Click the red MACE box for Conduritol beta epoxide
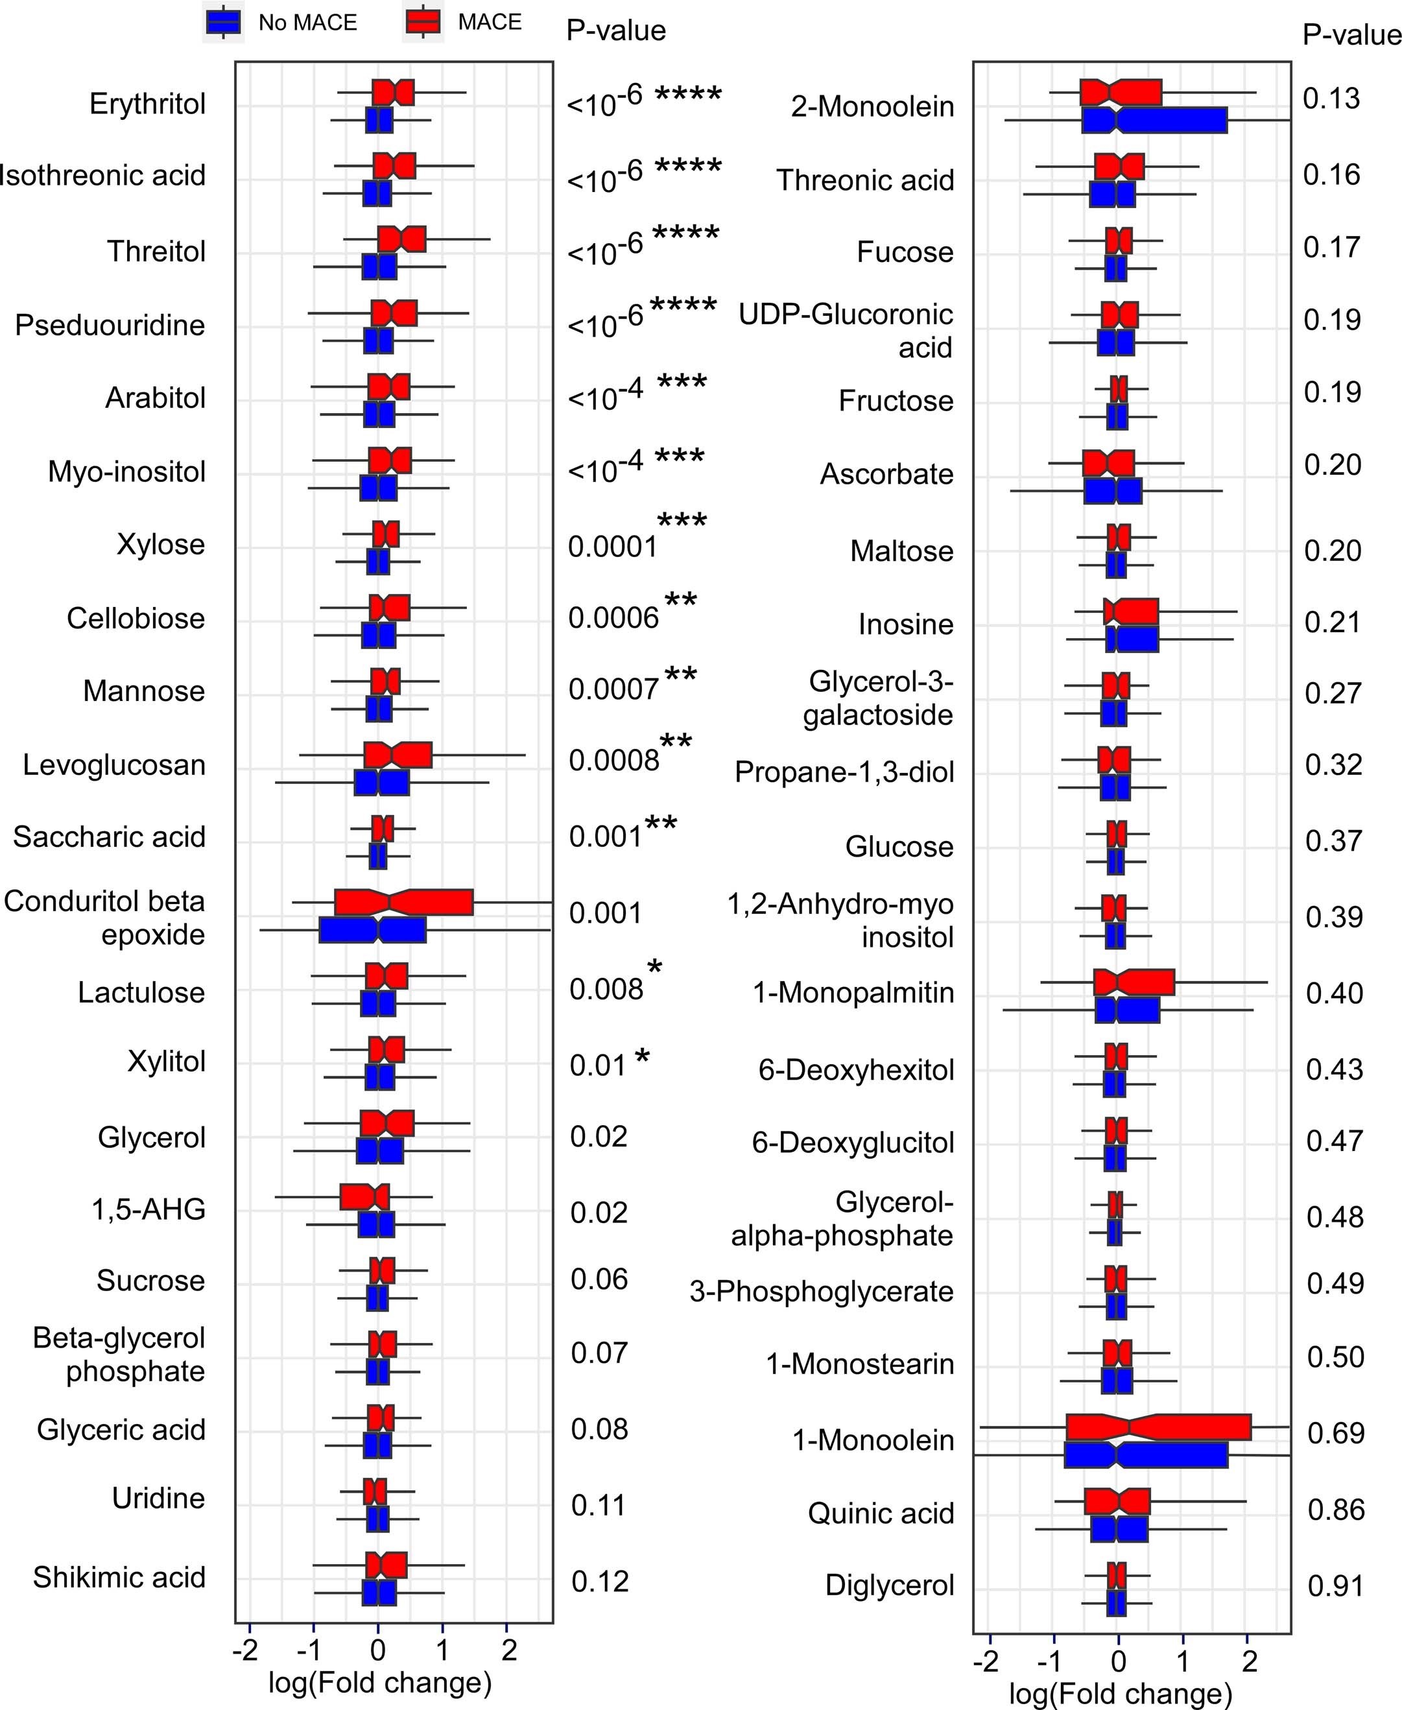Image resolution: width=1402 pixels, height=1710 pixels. [404, 903]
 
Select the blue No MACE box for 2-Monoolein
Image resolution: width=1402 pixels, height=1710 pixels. [1154, 121]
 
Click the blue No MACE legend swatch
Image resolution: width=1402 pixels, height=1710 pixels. [223, 22]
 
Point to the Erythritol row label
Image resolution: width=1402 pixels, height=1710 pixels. [147, 104]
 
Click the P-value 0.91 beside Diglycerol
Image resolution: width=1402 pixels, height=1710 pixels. [1335, 1587]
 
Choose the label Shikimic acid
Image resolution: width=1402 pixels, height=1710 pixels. [119, 1578]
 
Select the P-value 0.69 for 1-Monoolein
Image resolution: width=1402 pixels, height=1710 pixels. [1335, 1434]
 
